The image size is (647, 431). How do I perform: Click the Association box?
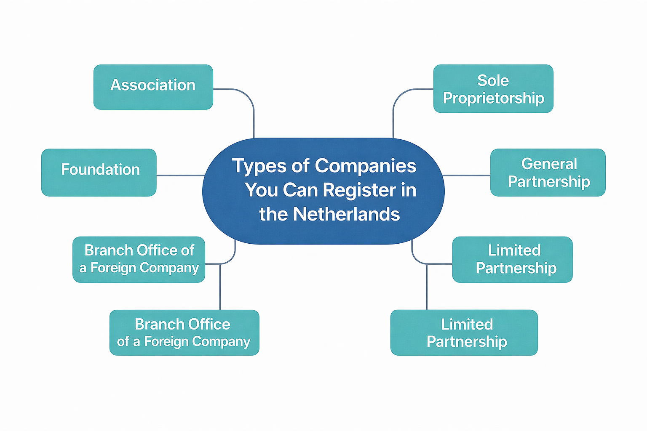153,87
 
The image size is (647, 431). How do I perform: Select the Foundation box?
99,172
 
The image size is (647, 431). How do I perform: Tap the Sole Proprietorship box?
493,89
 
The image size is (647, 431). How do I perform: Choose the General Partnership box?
548,172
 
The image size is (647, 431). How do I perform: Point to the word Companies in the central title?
366,165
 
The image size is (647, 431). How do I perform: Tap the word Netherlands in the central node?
346,214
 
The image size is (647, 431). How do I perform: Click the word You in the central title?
262,190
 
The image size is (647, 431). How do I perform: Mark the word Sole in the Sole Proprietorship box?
493,80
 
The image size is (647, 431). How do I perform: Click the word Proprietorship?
493,98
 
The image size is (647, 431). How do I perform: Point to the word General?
549,164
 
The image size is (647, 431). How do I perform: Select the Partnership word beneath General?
549,181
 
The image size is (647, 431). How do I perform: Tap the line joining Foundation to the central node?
180,175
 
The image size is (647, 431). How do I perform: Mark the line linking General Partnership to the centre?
467,175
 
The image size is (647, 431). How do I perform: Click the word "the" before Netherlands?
273,214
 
